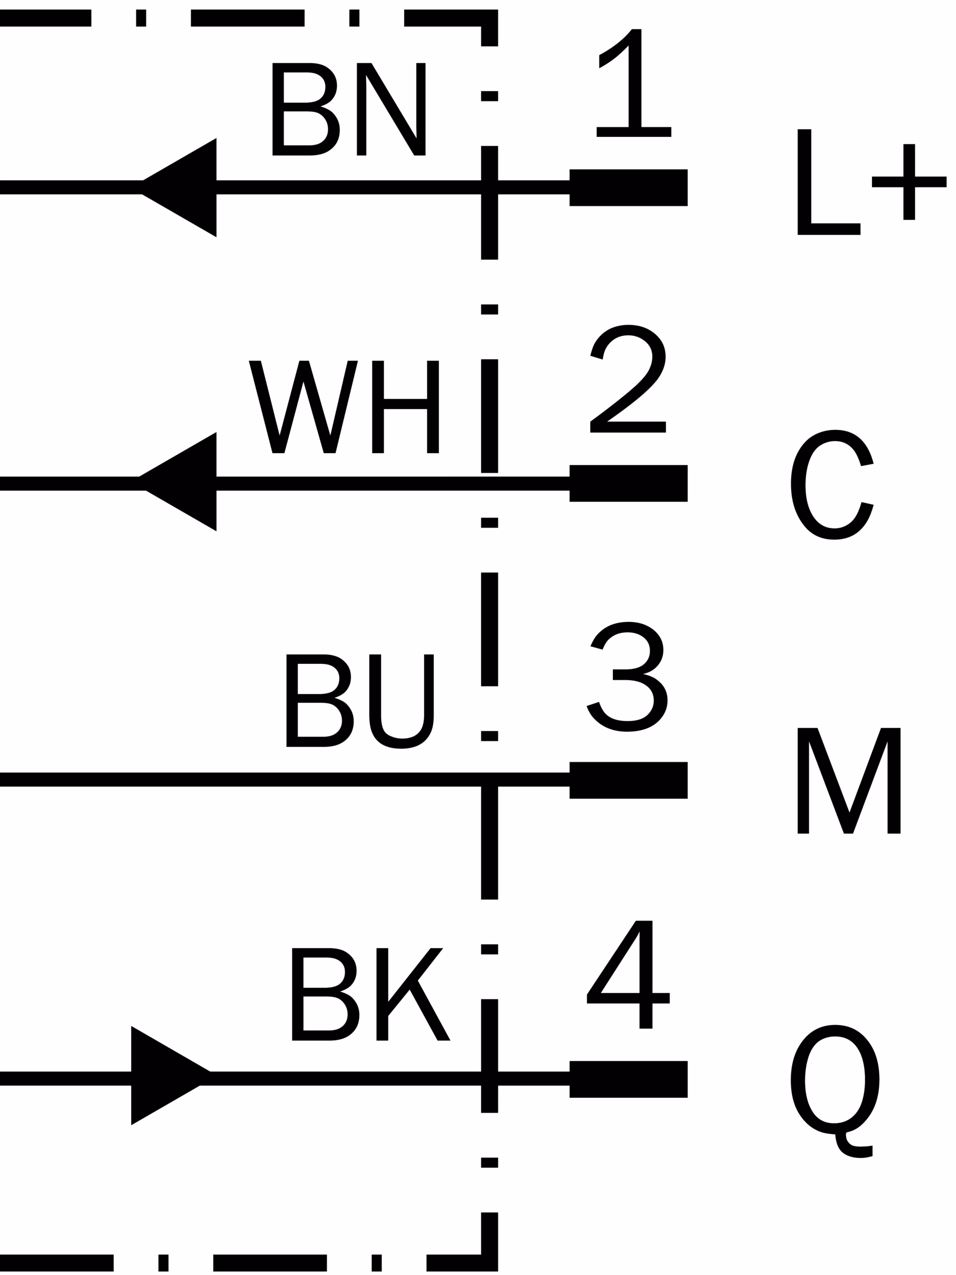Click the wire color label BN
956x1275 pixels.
(349, 109)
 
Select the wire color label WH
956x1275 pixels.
(344, 407)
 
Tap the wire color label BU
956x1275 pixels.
(359, 701)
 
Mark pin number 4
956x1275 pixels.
(627, 974)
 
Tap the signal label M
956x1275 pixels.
(848, 780)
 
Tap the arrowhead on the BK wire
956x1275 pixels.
(167, 1076)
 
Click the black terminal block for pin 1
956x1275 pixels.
(628, 187)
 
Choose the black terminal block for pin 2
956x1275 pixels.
(628, 483)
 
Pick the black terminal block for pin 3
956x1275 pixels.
(628, 780)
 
